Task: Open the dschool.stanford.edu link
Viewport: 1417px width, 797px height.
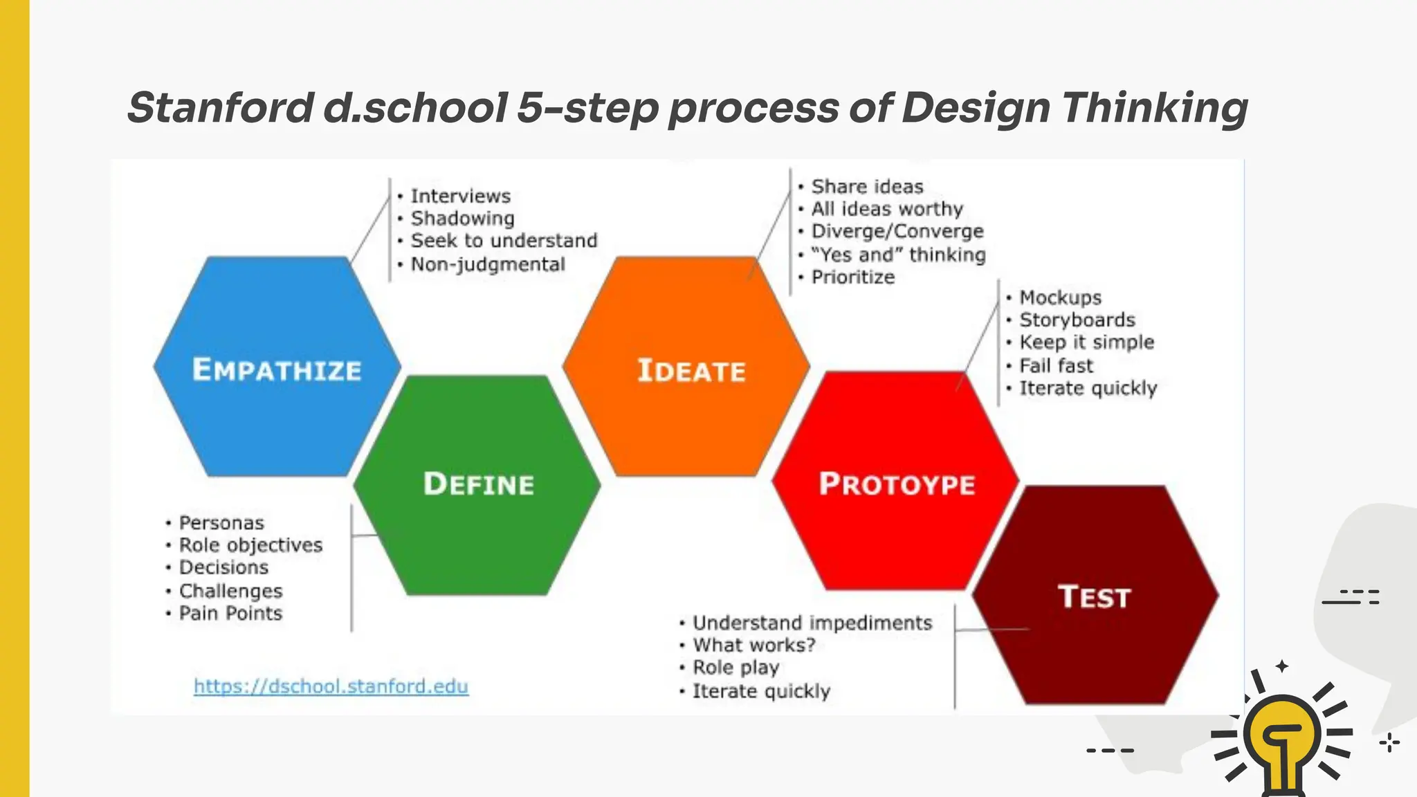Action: pyautogui.click(x=331, y=686)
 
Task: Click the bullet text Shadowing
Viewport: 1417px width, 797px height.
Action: pyautogui.click(x=462, y=219)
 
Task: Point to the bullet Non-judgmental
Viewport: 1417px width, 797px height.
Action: pyautogui.click(x=488, y=264)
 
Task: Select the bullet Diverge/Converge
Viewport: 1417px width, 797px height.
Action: pyautogui.click(x=897, y=231)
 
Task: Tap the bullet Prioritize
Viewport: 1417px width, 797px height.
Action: pyautogui.click(x=852, y=277)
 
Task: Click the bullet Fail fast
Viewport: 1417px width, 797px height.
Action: pyautogui.click(x=1056, y=365)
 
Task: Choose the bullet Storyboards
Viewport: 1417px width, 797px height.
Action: pyautogui.click(x=1077, y=320)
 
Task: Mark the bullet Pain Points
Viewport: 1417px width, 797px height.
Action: pyautogui.click(x=230, y=614)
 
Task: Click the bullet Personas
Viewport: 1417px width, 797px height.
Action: pyautogui.click(x=221, y=523)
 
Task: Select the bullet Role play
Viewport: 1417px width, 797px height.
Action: pyautogui.click(x=735, y=668)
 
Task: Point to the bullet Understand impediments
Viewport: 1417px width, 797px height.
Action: pyautogui.click(x=812, y=623)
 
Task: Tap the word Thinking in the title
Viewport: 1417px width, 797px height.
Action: pyautogui.click(x=1154, y=108)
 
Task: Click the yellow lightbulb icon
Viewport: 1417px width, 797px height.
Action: pyautogui.click(x=1281, y=737)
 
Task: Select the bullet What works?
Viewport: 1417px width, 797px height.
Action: pyautogui.click(x=754, y=645)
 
